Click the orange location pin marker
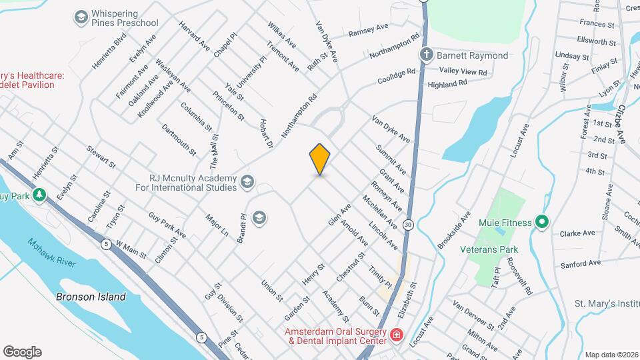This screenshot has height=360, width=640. [x=320, y=159]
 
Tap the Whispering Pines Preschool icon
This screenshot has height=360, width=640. [x=81, y=17]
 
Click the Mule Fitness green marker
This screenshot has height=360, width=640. [x=542, y=223]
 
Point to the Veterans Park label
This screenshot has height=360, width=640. [x=489, y=249]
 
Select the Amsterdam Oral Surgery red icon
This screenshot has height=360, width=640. [x=396, y=334]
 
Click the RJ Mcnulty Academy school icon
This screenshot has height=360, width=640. [x=247, y=181]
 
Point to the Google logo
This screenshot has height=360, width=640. [x=22, y=351]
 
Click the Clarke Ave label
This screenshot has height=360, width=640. [x=577, y=233]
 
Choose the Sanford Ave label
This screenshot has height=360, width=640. [x=577, y=265]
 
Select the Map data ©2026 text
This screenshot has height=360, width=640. [x=611, y=355]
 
